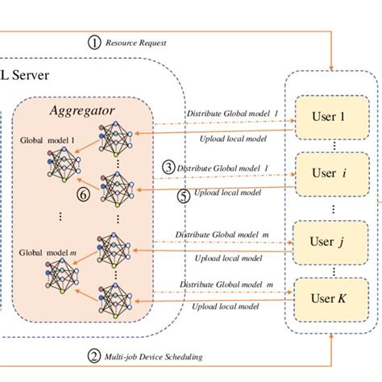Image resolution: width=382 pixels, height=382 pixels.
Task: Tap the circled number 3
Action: (168, 168)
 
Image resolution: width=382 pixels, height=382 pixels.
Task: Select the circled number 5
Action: (183, 195)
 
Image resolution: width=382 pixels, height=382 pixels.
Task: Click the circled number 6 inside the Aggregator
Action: (81, 194)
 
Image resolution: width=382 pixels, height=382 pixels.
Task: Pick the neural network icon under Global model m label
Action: (61, 278)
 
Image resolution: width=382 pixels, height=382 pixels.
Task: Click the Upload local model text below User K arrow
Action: (228, 307)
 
